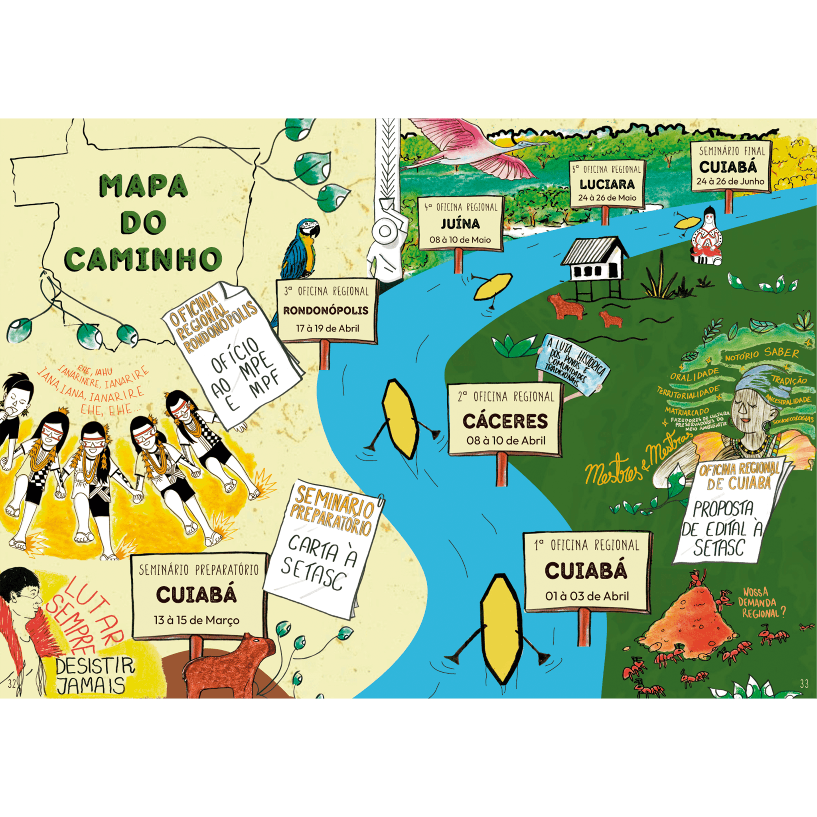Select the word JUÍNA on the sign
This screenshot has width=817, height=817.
click(x=460, y=223)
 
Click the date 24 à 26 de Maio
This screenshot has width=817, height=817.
click(x=607, y=197)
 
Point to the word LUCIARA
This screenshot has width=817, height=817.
click(x=607, y=184)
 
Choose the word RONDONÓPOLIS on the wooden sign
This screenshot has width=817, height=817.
click(x=326, y=310)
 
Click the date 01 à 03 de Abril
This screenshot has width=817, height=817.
click(x=587, y=596)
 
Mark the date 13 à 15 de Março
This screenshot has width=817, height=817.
click(x=196, y=620)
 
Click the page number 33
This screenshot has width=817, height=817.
click(x=804, y=683)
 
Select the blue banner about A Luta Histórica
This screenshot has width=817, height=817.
click(x=571, y=367)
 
